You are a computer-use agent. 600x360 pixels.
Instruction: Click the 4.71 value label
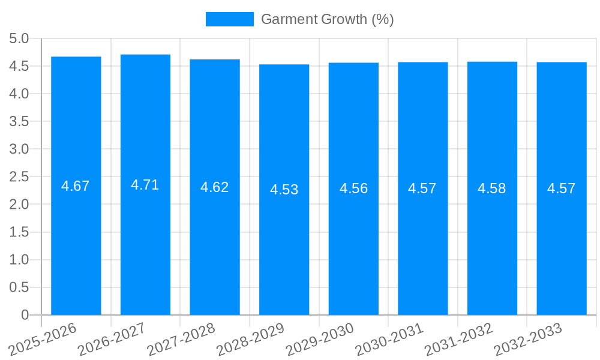[x=145, y=185]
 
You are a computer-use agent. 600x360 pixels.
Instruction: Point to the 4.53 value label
[x=284, y=190]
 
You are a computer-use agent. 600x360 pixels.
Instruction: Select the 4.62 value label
[x=215, y=187]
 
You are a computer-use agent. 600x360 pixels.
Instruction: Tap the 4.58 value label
[x=492, y=188]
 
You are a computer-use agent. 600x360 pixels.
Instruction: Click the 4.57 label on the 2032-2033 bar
[x=562, y=188]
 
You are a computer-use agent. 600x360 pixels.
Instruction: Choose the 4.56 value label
[x=353, y=188]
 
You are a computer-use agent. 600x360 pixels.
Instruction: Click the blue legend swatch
[x=229, y=19]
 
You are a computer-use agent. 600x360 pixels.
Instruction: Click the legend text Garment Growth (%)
[x=328, y=19]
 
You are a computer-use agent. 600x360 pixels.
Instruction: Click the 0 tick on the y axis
[x=25, y=315]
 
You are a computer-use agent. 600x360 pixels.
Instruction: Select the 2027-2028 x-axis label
[x=181, y=339]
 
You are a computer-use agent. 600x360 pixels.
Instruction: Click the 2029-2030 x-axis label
[x=320, y=339]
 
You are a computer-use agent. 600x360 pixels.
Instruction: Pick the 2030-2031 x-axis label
[x=389, y=339]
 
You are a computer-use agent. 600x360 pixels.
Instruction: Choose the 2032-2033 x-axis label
[x=528, y=339]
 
